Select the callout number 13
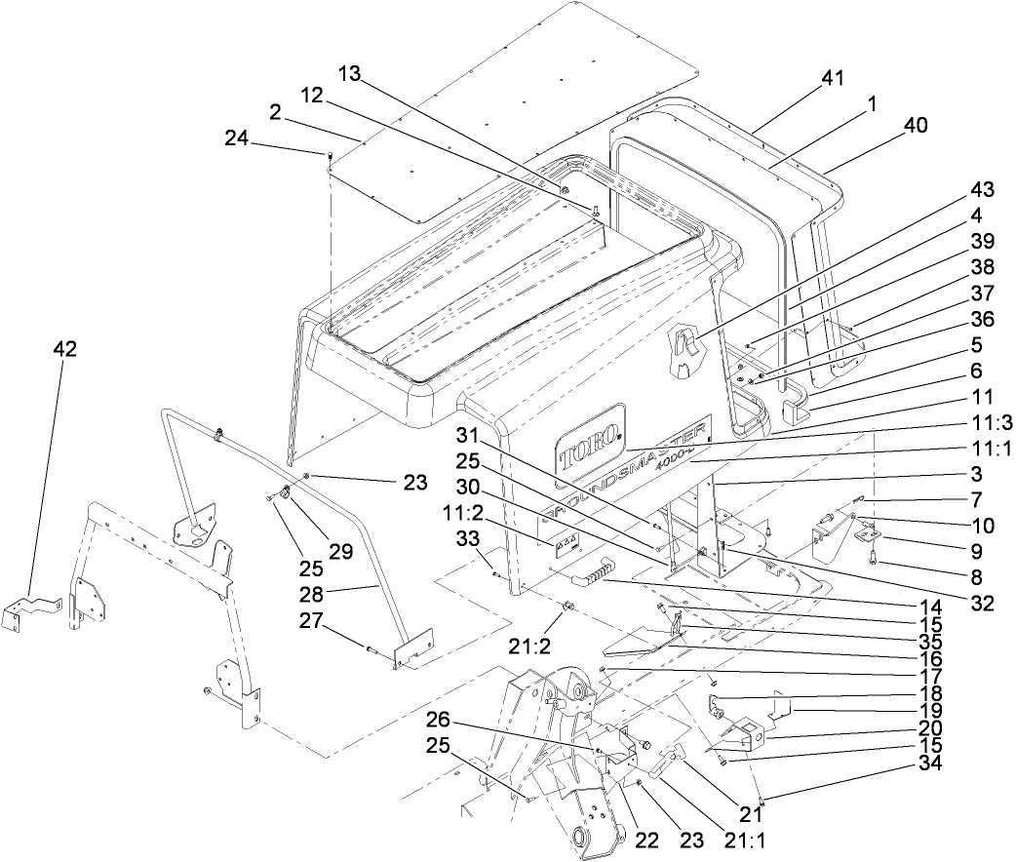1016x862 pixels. tap(349, 75)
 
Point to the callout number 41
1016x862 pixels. tap(832, 77)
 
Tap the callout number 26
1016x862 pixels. tap(438, 721)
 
